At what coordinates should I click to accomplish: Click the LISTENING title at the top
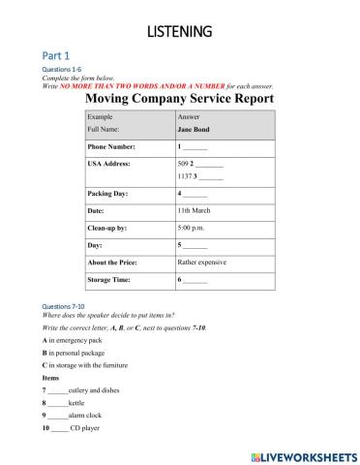click(x=179, y=32)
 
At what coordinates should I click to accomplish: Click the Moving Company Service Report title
click(x=180, y=99)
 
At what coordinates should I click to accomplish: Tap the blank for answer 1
click(x=195, y=147)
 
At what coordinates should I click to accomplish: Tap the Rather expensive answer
click(x=205, y=262)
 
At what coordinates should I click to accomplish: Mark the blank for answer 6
click(x=195, y=280)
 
